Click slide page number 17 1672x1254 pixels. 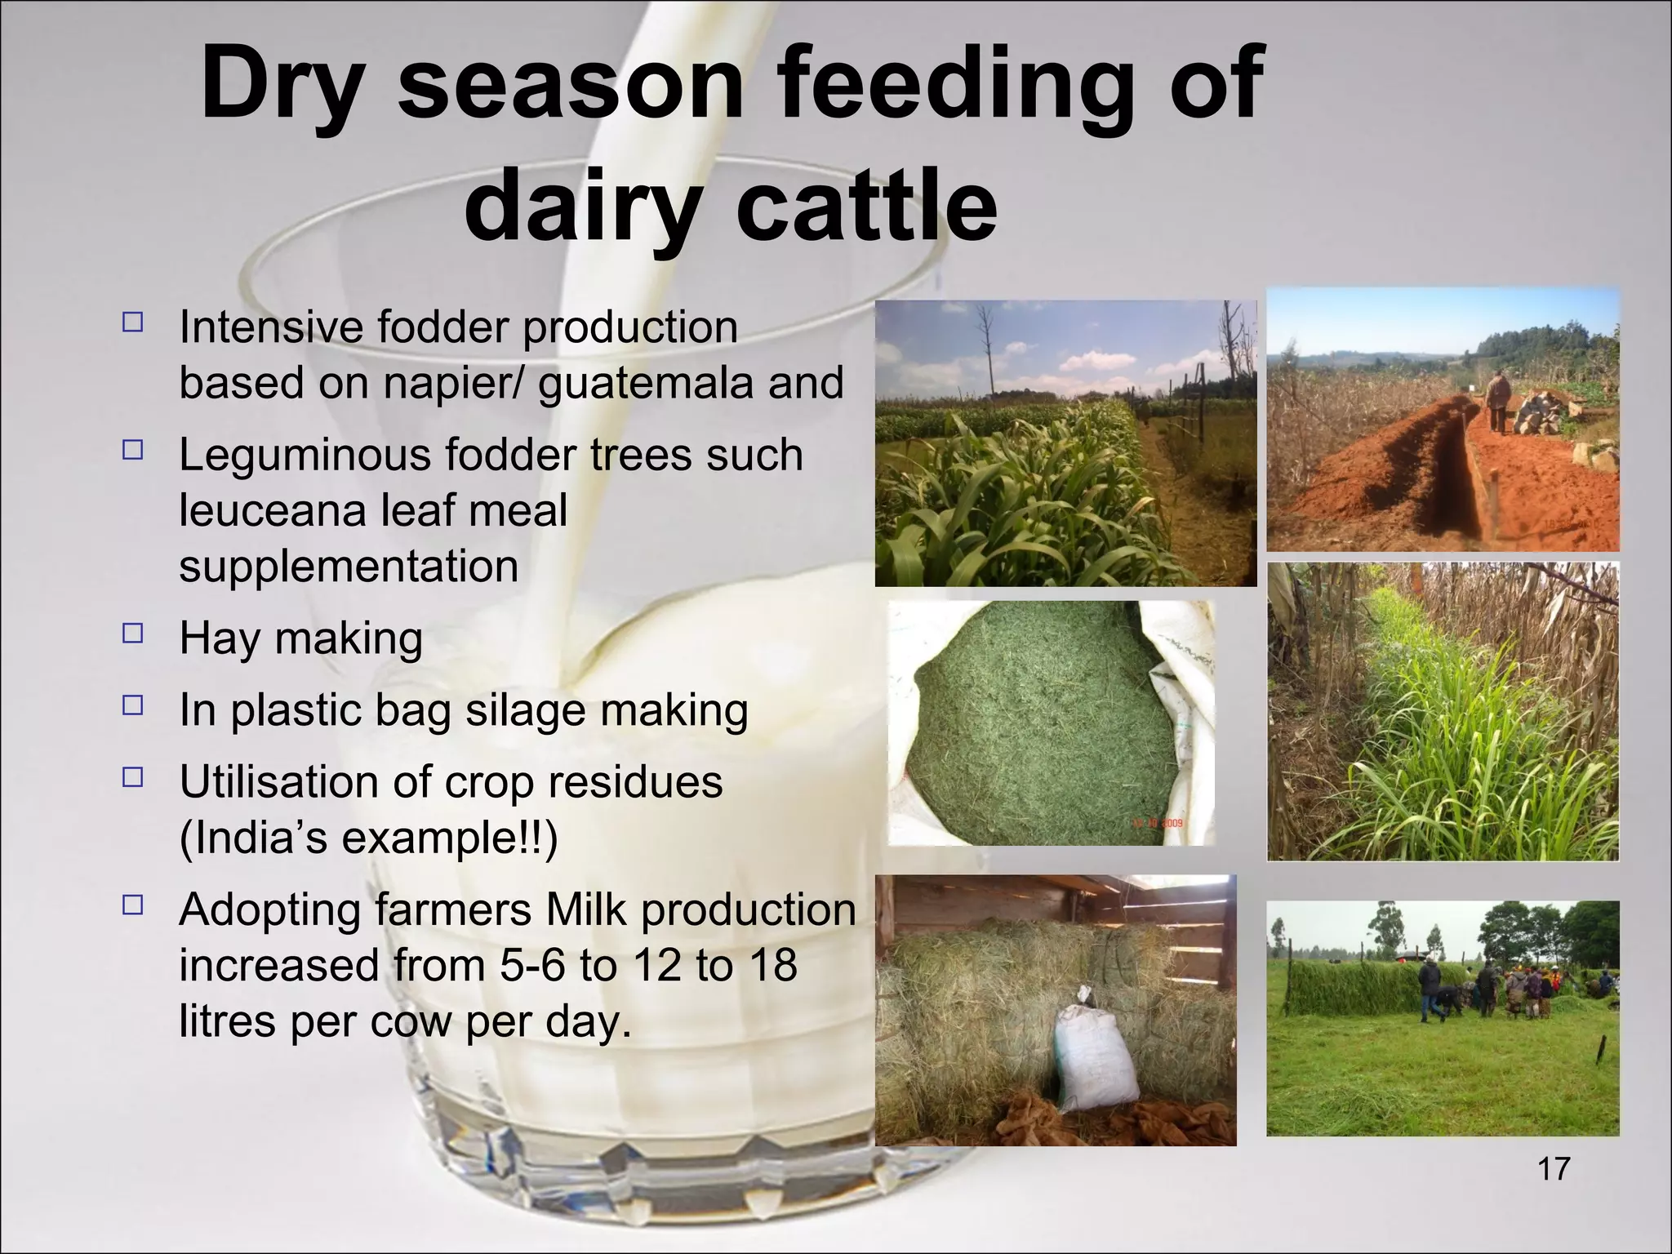[x=1553, y=1169]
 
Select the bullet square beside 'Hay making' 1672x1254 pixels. [x=132, y=634]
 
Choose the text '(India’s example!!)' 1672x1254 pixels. [x=367, y=838]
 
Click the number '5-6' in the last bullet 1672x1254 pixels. [x=533, y=965]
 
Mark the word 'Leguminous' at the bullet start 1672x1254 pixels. [x=306, y=455]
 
